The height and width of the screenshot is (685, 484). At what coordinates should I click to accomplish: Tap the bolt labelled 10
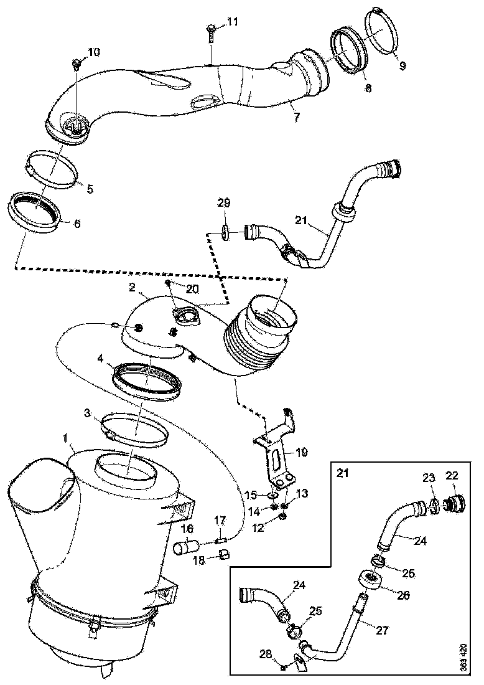(77, 64)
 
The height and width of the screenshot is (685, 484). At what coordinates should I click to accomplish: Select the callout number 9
(403, 65)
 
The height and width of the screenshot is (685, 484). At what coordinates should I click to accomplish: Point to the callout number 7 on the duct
(297, 116)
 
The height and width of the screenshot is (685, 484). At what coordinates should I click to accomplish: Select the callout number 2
(133, 287)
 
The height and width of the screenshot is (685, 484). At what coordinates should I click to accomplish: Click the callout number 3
(88, 412)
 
